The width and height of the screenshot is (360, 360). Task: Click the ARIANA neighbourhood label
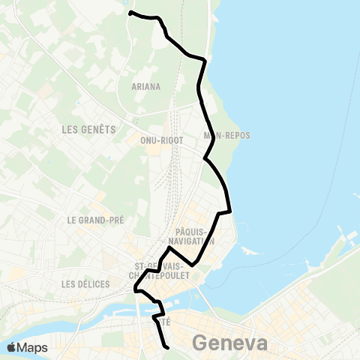tap(146, 86)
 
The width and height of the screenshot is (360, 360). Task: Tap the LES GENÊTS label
tap(88, 129)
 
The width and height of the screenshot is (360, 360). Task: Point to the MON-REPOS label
tap(226, 136)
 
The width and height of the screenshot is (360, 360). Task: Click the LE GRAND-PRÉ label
tap(95, 220)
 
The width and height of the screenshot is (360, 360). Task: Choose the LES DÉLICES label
tap(87, 284)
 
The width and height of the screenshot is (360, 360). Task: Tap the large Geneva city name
tap(229, 343)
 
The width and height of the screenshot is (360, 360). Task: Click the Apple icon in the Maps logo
tap(11, 347)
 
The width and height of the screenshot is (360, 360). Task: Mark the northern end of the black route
tap(130, 13)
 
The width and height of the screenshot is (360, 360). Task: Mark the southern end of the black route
tap(166, 346)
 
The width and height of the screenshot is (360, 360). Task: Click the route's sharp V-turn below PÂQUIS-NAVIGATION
tap(193, 264)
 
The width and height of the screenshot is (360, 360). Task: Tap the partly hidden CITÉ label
tap(166, 321)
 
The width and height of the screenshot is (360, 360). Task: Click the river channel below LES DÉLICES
tap(112, 311)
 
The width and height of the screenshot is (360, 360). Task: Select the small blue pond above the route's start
tap(130, 6)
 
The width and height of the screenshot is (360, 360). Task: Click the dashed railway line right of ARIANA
tap(178, 82)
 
